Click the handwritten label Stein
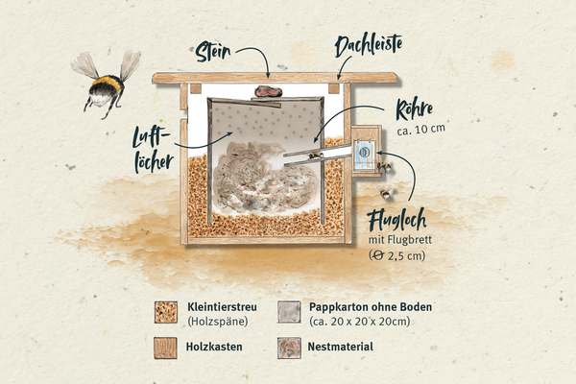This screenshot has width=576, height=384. click(213, 52)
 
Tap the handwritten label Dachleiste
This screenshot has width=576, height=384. click(369, 46)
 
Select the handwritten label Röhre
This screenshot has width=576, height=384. click(414, 108)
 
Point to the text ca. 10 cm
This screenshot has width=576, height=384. click(421, 130)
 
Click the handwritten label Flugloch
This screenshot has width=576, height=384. click(396, 220)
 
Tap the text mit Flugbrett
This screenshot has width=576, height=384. click(400, 240)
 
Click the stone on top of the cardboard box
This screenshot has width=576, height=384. click(269, 91)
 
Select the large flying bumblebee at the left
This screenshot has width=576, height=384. click(106, 84)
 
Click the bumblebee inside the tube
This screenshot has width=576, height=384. click(316, 156)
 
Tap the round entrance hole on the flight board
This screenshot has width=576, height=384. click(364, 152)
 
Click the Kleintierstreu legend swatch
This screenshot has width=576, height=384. click(166, 312)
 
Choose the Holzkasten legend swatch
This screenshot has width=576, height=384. click(165, 348)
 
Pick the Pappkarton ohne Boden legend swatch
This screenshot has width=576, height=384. click(289, 312)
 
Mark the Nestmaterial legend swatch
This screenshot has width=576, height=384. click(289, 348)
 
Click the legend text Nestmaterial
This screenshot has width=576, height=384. click(340, 347)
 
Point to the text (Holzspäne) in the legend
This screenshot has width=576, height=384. click(218, 322)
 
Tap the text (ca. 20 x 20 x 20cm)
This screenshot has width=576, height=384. click(359, 322)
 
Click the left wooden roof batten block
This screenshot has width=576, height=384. click(196, 88)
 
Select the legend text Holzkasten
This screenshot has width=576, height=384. click(214, 347)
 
